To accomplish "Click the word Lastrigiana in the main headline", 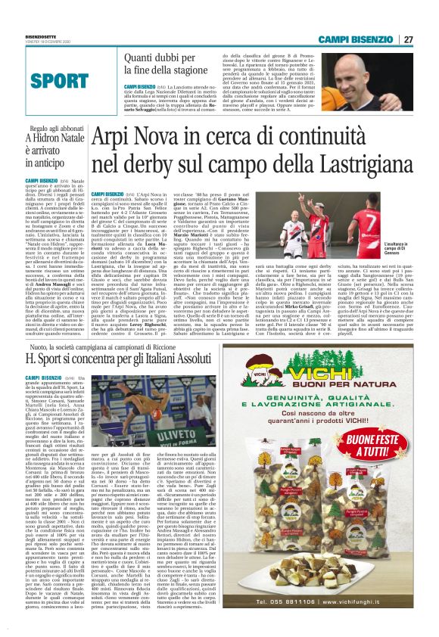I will [338, 162].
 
